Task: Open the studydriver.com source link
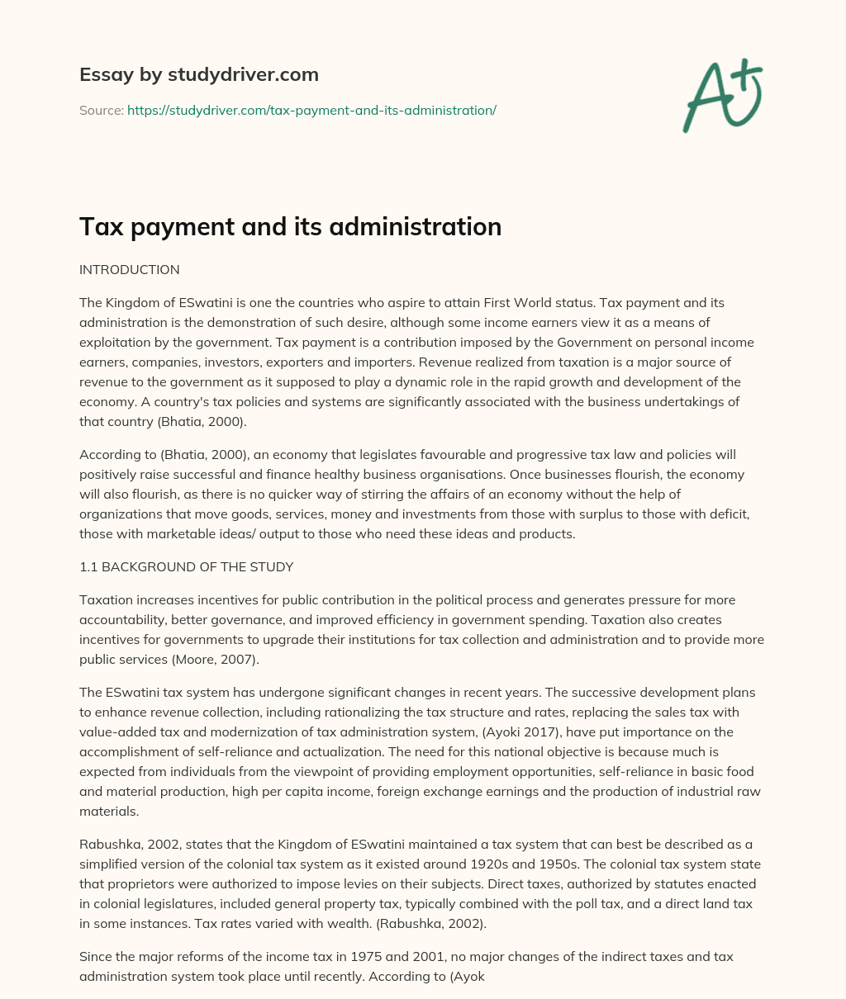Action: coord(311,110)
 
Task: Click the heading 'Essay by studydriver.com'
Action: coord(198,74)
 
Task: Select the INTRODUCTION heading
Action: coord(129,270)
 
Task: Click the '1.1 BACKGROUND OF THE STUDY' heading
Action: coord(186,567)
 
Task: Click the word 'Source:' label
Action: coord(101,110)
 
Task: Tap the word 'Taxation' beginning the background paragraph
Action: coord(106,600)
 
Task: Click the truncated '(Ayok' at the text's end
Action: coord(466,977)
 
